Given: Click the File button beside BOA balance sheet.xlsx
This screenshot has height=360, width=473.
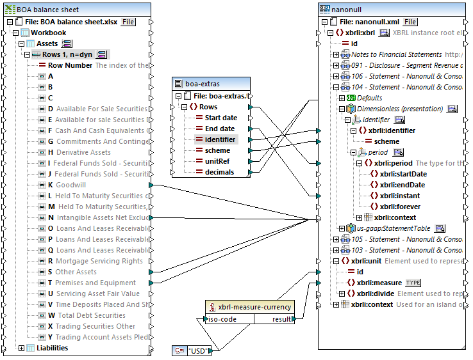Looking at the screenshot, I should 128,22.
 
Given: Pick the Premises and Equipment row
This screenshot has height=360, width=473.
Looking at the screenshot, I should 95,283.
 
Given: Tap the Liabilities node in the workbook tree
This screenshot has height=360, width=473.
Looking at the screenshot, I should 52,348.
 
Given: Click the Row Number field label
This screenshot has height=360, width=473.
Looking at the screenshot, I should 70,65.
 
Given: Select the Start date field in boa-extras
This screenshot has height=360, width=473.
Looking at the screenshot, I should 220,118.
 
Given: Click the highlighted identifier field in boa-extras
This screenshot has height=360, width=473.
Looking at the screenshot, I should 220,139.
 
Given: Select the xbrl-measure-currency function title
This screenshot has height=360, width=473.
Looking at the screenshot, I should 254,307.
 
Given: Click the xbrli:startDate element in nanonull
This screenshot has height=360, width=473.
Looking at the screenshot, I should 403,174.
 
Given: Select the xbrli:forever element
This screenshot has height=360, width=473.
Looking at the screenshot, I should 400,207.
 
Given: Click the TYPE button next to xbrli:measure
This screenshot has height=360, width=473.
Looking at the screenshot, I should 413,283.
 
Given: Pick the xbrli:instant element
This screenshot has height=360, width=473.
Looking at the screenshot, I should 400,196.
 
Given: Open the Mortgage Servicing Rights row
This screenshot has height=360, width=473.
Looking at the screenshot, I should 99,261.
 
